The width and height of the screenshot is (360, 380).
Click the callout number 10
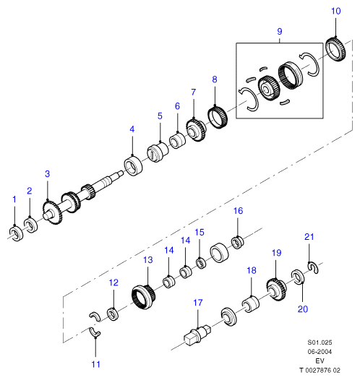tap(335, 11)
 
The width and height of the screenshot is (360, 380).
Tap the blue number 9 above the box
tap(280, 32)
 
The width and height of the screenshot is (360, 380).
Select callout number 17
tap(198, 303)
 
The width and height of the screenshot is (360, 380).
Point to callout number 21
tap(309, 237)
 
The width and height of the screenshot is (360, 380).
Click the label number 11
tap(95, 364)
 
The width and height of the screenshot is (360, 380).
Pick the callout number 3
tap(48, 174)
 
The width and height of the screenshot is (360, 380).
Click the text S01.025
tap(320, 342)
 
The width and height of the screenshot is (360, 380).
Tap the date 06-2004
tap(320, 352)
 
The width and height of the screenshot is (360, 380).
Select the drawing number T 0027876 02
tap(320, 370)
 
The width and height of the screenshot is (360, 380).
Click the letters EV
tap(320, 360)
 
